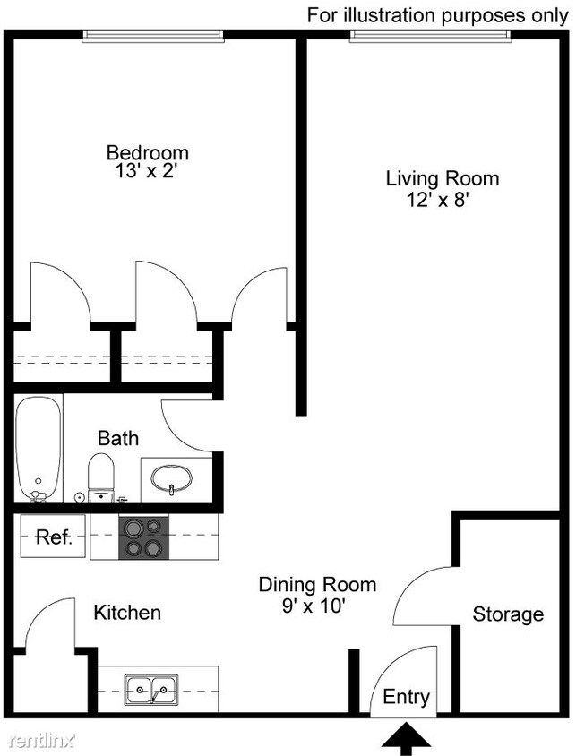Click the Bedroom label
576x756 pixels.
pos(147,151)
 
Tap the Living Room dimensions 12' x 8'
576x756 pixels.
pos(438,200)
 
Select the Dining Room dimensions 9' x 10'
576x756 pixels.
pos(316,606)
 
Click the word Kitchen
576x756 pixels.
pos(127,613)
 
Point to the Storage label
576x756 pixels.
pos(508,614)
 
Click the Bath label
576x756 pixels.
pos(118,438)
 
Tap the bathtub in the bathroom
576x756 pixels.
pos(39,448)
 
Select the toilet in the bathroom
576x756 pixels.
pos(101,476)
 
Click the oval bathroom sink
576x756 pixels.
pos(171,478)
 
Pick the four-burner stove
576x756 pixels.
pos(144,537)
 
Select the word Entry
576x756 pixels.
pos(406,697)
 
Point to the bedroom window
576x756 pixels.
pos(152,35)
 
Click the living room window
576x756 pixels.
pos(431,35)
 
